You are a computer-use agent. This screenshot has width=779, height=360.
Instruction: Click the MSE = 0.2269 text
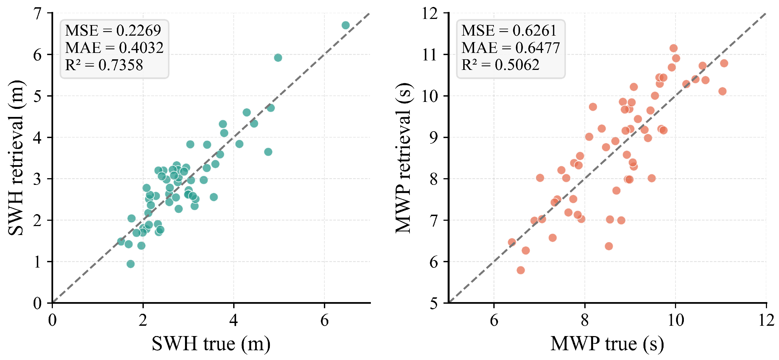[113, 30]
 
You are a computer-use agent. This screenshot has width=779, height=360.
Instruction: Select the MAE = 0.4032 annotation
[114, 48]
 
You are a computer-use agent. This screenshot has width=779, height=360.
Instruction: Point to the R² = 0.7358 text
[104, 65]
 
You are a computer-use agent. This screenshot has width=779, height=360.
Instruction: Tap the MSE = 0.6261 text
[509, 30]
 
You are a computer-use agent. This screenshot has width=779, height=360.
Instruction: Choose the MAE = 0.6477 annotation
[511, 48]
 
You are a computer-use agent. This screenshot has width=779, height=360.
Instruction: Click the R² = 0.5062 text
[500, 65]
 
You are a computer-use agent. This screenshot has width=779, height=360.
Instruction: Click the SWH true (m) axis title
[211, 344]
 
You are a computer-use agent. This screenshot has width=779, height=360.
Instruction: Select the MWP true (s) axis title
[607, 344]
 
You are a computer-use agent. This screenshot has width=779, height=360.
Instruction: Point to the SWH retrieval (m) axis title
[16, 158]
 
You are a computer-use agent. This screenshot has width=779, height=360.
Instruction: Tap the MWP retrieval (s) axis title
[403, 158]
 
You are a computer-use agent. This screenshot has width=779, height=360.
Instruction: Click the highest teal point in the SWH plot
[346, 25]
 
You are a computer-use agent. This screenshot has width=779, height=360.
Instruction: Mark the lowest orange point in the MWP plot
[521, 270]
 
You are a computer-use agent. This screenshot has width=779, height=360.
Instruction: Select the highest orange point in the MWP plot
[674, 48]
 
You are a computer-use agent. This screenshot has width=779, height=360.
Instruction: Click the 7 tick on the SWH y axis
[38, 14]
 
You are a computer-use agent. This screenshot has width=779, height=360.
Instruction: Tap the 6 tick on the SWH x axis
[324, 320]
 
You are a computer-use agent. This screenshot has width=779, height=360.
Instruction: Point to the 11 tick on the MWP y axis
[430, 55]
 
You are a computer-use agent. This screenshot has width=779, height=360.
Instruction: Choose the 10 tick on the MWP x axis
[676, 320]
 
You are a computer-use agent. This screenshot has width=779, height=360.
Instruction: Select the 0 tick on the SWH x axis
[52, 320]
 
